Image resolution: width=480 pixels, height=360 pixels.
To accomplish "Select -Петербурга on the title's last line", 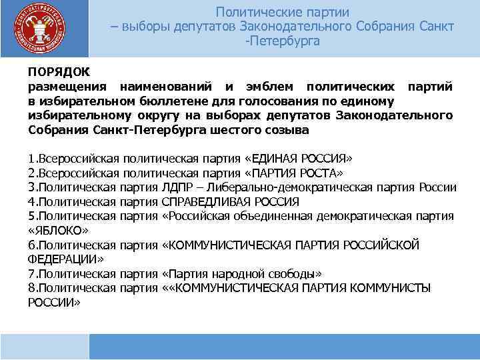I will click(x=283, y=41).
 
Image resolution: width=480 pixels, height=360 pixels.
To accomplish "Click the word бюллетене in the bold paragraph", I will click(x=169, y=101).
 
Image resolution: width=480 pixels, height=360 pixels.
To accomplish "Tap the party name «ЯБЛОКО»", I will click(x=58, y=230).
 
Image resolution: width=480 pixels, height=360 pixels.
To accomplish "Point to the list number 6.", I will click(x=31, y=245).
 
